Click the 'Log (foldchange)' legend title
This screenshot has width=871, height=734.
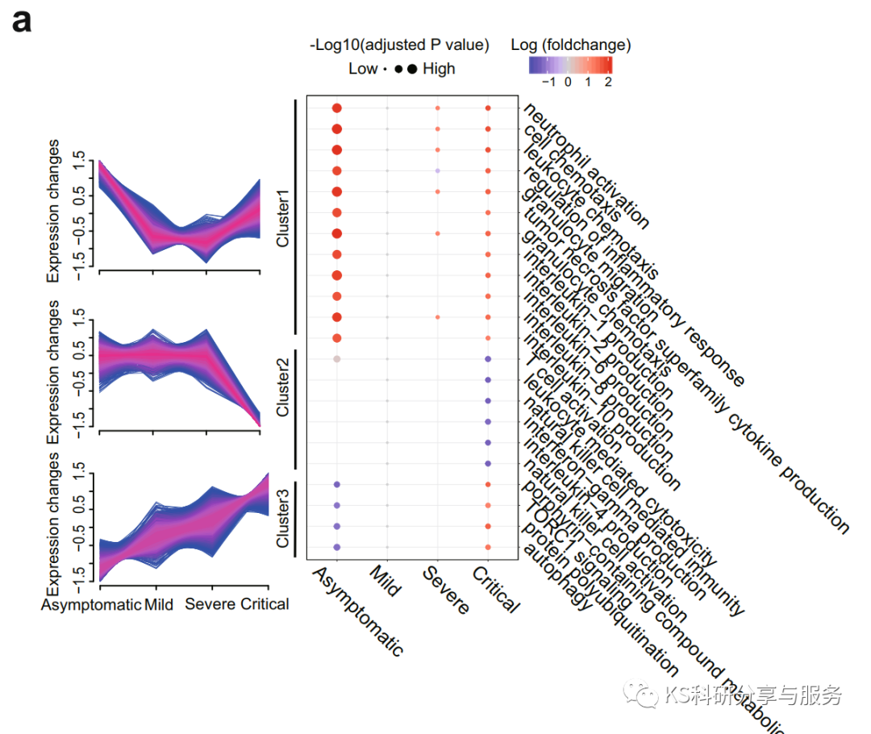571,45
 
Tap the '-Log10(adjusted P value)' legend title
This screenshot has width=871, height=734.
399,45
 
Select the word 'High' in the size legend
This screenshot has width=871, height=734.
439,69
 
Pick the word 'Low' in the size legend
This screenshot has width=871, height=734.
362,69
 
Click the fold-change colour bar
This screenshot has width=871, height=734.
571,65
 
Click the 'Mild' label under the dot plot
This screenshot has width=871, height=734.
385,580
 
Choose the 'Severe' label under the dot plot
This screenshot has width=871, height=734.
446,590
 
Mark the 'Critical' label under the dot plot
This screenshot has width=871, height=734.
496,590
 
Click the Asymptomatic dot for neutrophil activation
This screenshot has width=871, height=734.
336,108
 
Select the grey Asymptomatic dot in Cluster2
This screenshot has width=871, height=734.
336,358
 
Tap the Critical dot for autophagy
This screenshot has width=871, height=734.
488,548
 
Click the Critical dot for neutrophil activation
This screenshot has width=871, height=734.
488,108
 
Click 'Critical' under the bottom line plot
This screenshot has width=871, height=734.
265,604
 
